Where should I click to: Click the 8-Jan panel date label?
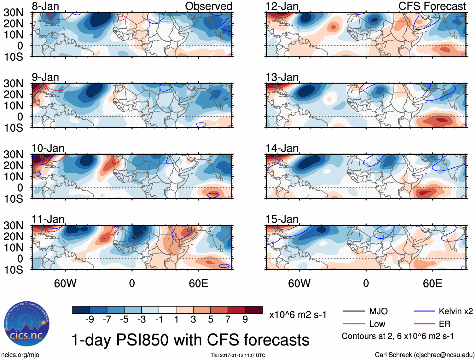click(45, 6)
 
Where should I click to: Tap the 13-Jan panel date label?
click(282, 77)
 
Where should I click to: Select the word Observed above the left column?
click(208, 6)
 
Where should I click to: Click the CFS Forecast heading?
click(432, 6)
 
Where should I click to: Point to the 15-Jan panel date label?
click(282, 219)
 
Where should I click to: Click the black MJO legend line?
click(354, 311)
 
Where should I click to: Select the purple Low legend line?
click(354, 324)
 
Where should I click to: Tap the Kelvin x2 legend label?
click(456, 311)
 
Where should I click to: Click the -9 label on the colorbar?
click(90, 320)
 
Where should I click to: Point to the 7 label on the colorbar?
click(228, 320)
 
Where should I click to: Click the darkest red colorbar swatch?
click(254, 310)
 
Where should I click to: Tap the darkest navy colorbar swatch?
click(81, 310)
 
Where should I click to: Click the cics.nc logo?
click(26, 324)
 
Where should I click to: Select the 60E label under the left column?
click(198, 283)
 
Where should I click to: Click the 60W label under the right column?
click(299, 283)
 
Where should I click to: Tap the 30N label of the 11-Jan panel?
click(13, 225)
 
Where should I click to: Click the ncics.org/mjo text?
click(20, 355)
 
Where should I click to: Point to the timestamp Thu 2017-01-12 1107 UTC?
click(238, 355)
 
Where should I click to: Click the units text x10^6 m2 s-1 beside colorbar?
click(298, 315)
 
